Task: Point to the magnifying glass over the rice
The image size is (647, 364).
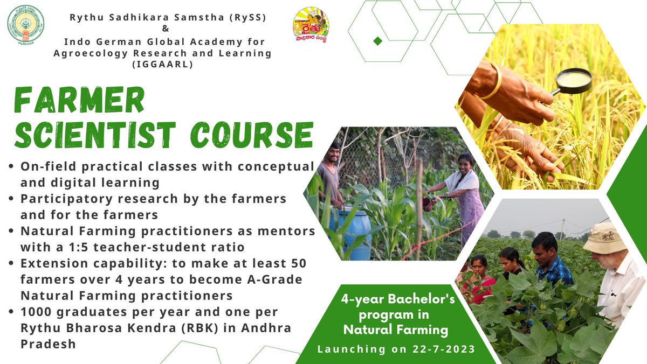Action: pos(573,81)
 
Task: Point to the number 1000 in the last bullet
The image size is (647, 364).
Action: pos(39,312)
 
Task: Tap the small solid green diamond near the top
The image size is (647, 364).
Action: pos(378,41)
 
